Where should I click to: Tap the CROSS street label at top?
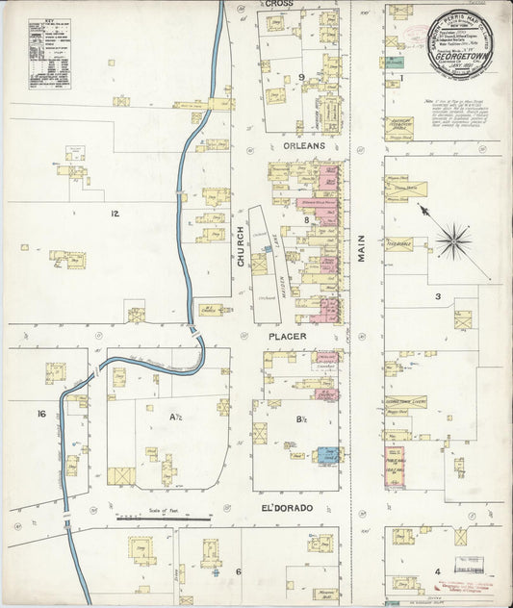279,5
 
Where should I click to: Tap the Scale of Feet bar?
164,518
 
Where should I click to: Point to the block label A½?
176,417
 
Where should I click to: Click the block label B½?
300,418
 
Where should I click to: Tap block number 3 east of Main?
436,296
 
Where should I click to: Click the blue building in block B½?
327,455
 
